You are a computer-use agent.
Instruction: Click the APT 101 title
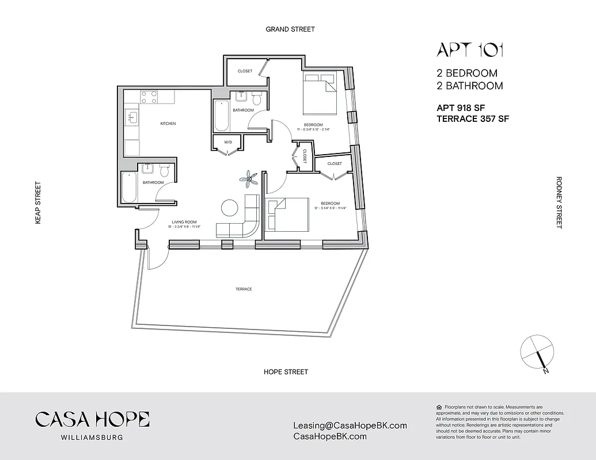[x=470, y=50]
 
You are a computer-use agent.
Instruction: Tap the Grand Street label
[x=290, y=29]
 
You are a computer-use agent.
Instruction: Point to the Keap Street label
[x=38, y=202]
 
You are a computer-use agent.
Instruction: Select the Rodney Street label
[x=559, y=202]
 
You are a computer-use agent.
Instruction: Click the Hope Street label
[x=286, y=372]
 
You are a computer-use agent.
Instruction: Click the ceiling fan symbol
[x=249, y=179]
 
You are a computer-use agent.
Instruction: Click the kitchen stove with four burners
[x=149, y=97]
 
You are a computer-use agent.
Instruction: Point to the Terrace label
[x=244, y=289]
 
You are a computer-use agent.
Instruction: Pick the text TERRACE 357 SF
[x=473, y=119]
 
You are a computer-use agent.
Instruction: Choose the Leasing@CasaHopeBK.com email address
[x=350, y=426]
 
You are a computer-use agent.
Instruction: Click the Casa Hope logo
[x=92, y=419]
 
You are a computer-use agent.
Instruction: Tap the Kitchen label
[x=168, y=124]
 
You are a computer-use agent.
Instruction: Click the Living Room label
[x=184, y=222]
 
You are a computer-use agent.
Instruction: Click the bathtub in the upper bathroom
[x=221, y=117]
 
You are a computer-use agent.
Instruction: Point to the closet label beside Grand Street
[x=245, y=71]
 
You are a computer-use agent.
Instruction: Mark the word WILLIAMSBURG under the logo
[x=92, y=437]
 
